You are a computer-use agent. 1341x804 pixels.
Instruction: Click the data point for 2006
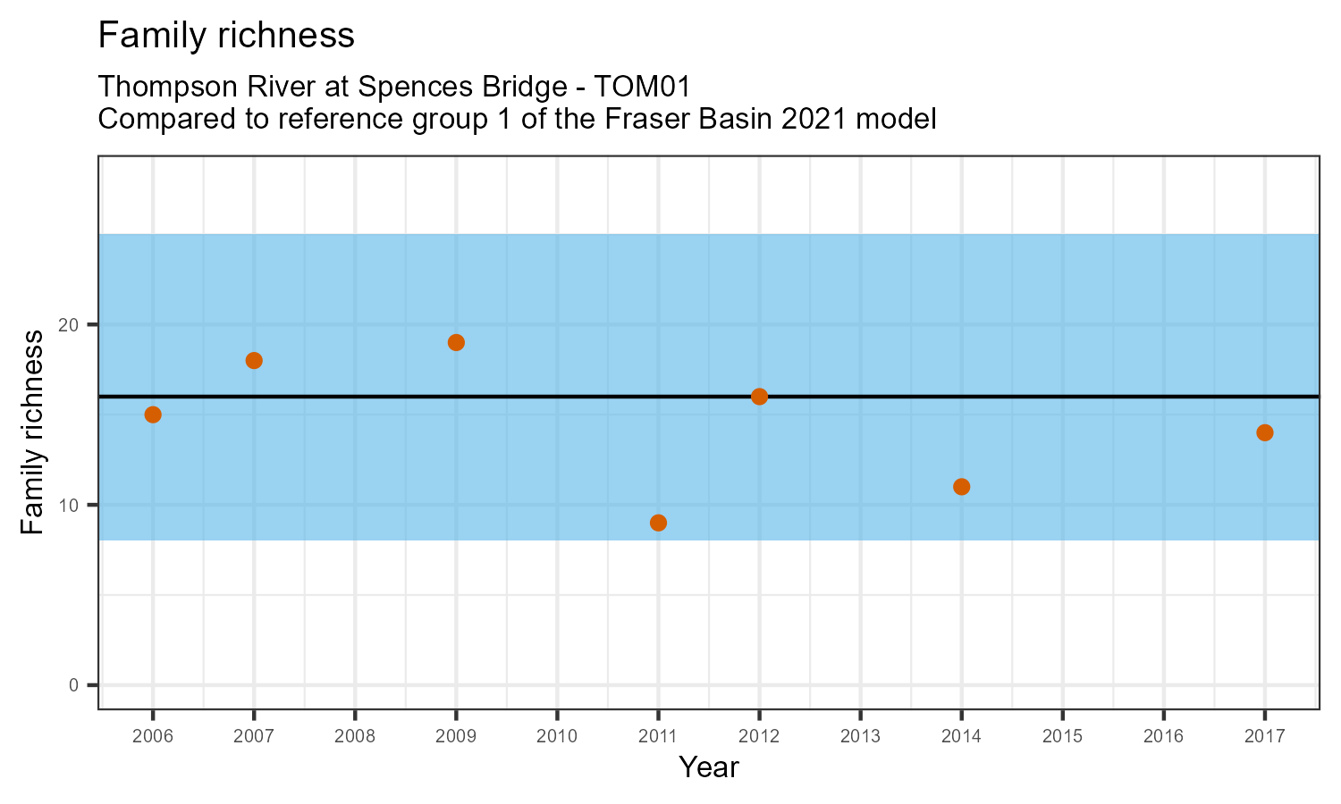point(153,415)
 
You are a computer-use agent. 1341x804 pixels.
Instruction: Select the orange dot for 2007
point(254,360)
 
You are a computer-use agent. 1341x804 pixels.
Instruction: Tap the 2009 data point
point(456,342)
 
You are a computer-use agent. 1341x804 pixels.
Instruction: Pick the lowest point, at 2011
point(658,523)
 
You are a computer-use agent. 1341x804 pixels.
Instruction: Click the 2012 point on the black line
point(759,397)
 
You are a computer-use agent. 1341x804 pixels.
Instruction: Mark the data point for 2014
point(961,487)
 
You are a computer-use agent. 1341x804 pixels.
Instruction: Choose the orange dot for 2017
point(1264,432)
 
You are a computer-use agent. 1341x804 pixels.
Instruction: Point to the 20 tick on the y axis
point(71,324)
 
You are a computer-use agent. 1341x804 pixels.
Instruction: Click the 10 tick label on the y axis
point(71,505)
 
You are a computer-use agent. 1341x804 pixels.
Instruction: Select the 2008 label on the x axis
point(355,737)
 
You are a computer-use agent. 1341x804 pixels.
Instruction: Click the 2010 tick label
point(557,737)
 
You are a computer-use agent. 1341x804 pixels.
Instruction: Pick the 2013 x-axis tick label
point(860,737)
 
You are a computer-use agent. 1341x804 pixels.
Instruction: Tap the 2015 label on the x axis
point(1062,737)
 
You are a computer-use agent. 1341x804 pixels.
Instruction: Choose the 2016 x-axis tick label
point(1163,737)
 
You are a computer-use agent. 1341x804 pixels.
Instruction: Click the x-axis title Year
point(708,767)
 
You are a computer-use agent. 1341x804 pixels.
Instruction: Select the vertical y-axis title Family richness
point(33,432)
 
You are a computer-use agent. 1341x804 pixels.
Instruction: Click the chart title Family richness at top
point(226,36)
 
